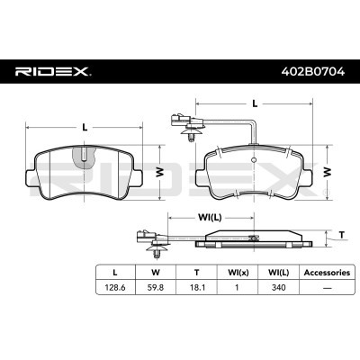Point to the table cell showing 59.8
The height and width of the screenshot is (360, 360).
(x=155, y=289)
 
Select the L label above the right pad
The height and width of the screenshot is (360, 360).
(x=255, y=103)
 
